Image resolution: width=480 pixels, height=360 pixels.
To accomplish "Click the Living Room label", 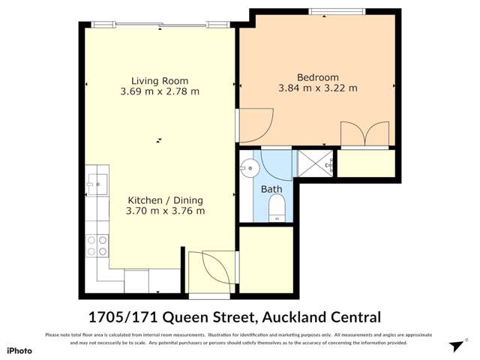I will point(160,81).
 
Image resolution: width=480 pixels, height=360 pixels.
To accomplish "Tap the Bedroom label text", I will point(317,77).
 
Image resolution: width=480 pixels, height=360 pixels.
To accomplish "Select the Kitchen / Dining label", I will point(165,200).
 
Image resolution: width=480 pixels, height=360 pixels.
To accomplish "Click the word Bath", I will point(271,190).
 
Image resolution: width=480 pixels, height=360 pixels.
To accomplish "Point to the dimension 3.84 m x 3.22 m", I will point(317,88).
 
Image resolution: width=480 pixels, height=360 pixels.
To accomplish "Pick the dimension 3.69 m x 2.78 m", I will point(160,92).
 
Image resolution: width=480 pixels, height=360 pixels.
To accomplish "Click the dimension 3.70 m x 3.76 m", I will point(165,211).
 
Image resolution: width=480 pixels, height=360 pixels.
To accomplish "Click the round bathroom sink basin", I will point(250,166).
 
